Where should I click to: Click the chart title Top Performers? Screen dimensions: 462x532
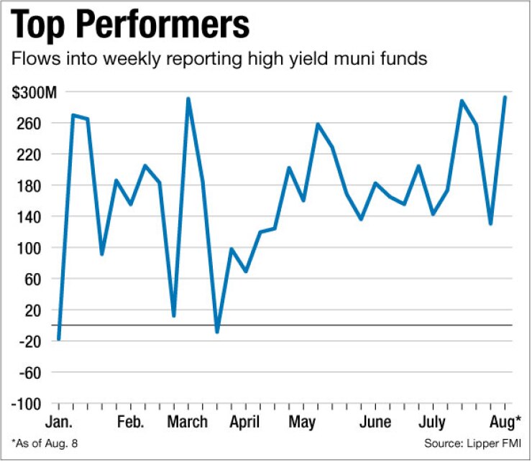(131, 27)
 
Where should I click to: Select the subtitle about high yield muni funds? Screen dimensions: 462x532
(220, 60)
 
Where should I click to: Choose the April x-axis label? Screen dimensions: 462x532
(246, 421)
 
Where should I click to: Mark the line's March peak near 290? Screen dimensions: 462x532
(188, 99)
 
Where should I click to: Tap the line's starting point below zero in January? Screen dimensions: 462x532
(59, 339)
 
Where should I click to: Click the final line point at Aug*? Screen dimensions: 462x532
(505, 98)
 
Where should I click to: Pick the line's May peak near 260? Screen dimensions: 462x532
(318, 124)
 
